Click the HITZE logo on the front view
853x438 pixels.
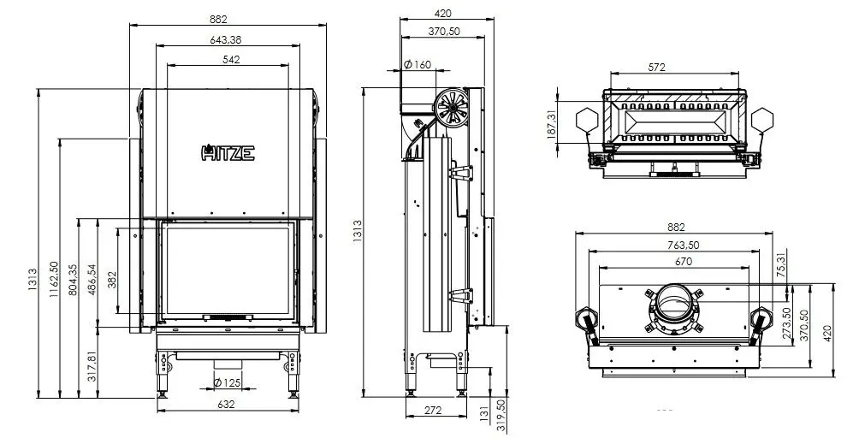227,153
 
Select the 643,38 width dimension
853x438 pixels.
227,39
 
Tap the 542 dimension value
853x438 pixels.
230,59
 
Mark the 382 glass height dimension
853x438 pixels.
112,281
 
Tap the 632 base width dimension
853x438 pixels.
227,404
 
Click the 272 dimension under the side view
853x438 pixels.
433,411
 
